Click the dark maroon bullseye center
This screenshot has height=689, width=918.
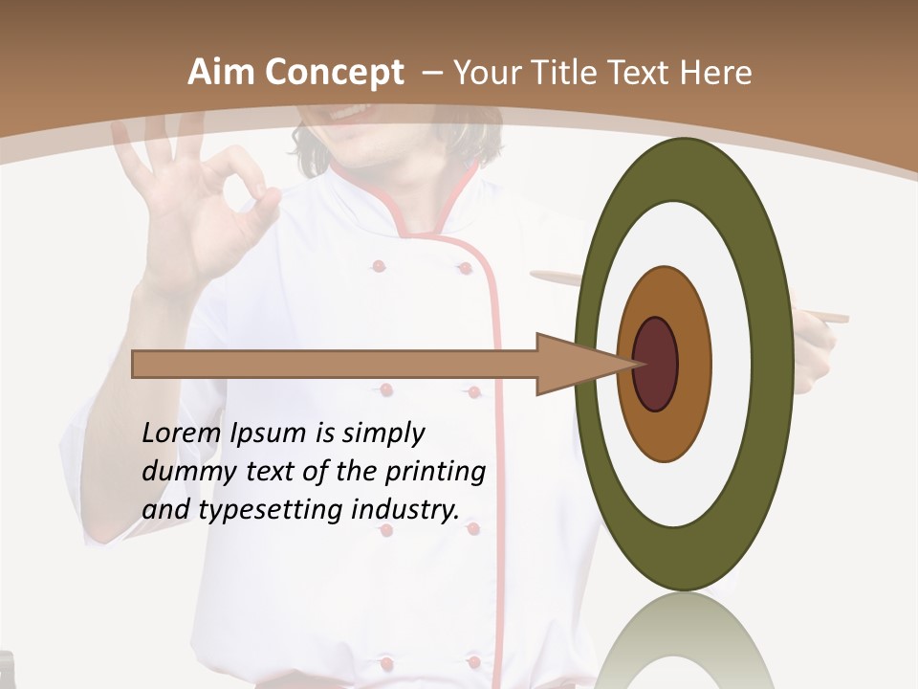[x=656, y=364]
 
